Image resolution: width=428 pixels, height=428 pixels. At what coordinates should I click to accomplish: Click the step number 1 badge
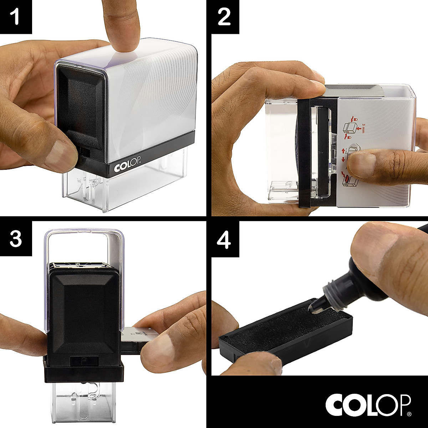(x=16, y=17)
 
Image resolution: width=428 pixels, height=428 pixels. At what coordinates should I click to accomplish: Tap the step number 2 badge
(x=225, y=17)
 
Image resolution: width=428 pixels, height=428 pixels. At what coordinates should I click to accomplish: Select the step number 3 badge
(x=16, y=239)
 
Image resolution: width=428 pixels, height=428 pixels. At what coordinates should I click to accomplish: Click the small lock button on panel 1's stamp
(x=84, y=153)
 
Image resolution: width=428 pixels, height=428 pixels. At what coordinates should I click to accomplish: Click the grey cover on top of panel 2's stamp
(x=357, y=90)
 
